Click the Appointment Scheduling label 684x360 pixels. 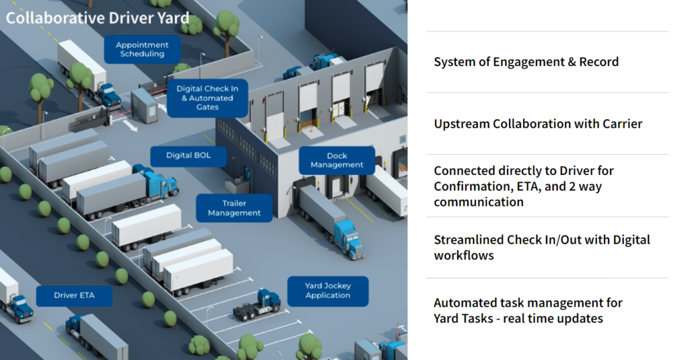pos(142,49)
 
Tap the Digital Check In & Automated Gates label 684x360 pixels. pos(207,98)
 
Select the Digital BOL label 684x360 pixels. pos(188,156)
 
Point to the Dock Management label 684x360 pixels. pos(337,160)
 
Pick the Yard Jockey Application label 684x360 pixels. pos(327,291)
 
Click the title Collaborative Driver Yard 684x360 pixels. pos(98,17)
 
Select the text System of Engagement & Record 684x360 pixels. pos(526,62)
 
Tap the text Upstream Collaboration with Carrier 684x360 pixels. pos(538,124)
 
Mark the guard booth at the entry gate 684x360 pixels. pos(144,105)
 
